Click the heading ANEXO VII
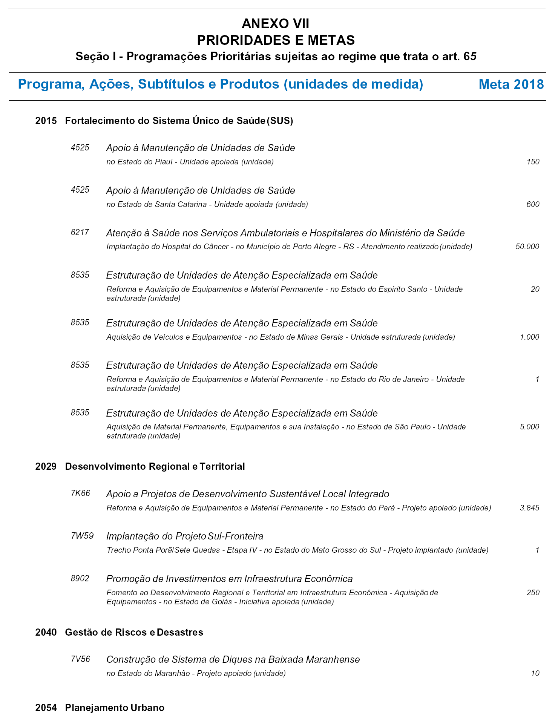pyautogui.click(x=275, y=24)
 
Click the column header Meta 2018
pyautogui.click(x=511, y=84)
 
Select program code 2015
pyautogui.click(x=46, y=121)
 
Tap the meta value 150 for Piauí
pyautogui.click(x=533, y=162)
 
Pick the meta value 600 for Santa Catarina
pyautogui.click(x=533, y=204)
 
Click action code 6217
pyautogui.click(x=80, y=232)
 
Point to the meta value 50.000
pyautogui.click(x=527, y=247)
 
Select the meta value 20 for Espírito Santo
pyautogui.click(x=535, y=289)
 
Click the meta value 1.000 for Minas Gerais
pyautogui.click(x=529, y=337)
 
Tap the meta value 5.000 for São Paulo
pyautogui.click(x=529, y=427)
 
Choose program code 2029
pyautogui.click(x=46, y=467)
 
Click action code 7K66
pyautogui.click(x=80, y=493)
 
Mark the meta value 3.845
pyautogui.click(x=529, y=508)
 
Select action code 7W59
pyautogui.click(x=82, y=535)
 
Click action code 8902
pyautogui.click(x=80, y=578)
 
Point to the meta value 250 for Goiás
pyautogui.click(x=533, y=593)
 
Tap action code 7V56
pyautogui.click(x=80, y=659)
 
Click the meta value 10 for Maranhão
pyautogui.click(x=535, y=673)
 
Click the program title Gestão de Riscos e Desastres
pyautogui.click(x=134, y=632)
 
